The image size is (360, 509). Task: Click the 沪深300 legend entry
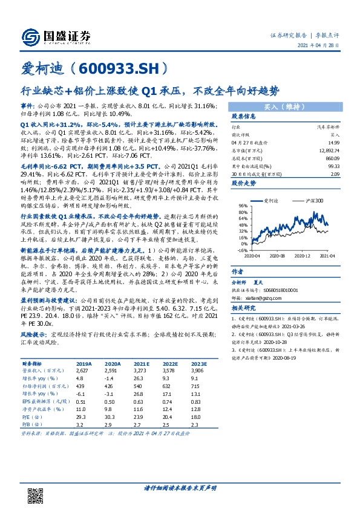313,200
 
